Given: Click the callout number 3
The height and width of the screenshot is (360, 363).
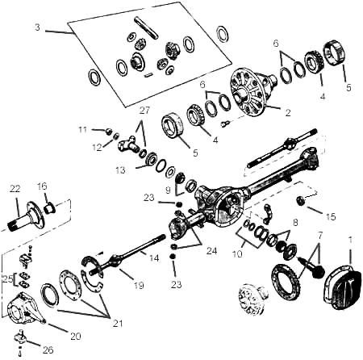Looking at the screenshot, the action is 37,27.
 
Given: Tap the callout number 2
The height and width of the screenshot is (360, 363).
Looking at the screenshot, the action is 288,113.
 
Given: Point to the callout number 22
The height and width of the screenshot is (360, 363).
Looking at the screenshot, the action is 15,189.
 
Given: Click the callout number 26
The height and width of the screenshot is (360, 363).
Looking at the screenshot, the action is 48,350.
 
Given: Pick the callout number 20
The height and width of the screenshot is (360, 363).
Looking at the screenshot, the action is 76,336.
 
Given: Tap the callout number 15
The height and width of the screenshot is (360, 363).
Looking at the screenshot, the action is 331,217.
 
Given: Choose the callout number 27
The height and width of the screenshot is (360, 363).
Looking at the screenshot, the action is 144,111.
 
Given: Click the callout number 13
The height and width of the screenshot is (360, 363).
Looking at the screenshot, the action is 120,170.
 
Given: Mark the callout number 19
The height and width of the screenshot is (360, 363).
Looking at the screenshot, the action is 139,285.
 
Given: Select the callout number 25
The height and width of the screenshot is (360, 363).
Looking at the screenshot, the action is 7,279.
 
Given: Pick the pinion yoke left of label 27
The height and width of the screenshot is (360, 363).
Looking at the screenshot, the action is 127,144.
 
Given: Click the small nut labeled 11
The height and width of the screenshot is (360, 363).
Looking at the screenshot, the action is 108,132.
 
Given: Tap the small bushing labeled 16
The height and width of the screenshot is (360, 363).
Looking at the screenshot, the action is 50,208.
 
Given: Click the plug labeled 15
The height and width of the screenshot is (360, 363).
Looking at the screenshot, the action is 300,200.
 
